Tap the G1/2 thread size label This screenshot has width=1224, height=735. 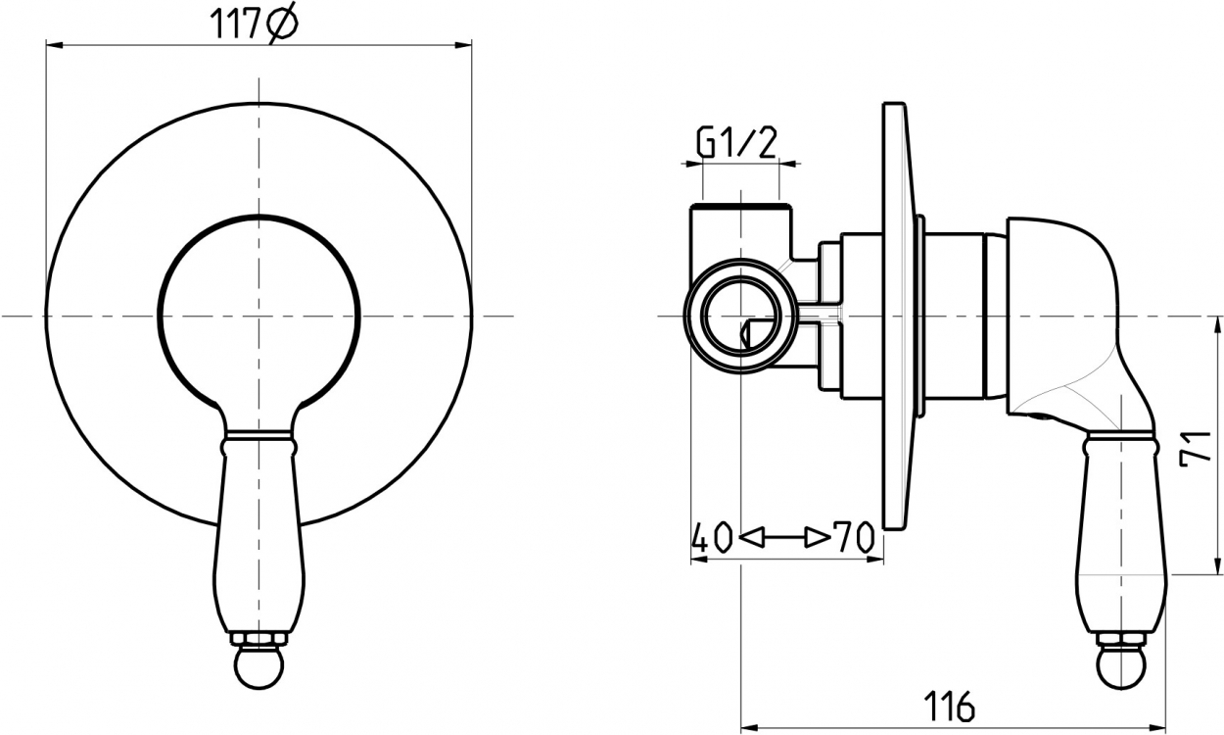click(x=736, y=143)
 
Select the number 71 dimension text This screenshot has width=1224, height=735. click(x=1195, y=449)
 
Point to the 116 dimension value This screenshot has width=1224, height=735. click(x=950, y=706)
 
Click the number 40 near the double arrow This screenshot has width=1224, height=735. click(x=712, y=537)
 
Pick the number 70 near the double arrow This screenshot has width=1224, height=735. click(x=854, y=537)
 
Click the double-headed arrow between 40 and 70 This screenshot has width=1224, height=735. click(x=782, y=538)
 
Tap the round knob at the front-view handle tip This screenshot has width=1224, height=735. click(x=259, y=667)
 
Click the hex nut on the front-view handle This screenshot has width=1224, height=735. click(x=259, y=640)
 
